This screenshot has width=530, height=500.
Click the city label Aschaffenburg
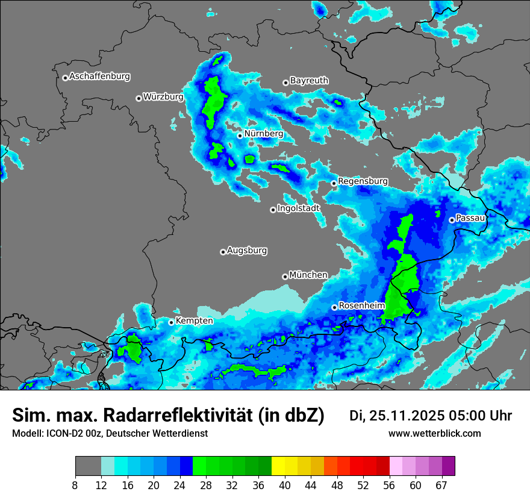(x=99, y=77)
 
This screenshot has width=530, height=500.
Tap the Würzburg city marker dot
(x=139, y=98)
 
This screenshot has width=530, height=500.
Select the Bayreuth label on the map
(x=309, y=80)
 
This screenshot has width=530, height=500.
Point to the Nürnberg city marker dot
(x=240, y=136)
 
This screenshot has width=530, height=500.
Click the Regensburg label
(x=363, y=181)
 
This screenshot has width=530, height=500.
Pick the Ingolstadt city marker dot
(x=273, y=210)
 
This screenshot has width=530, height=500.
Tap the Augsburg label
(x=247, y=250)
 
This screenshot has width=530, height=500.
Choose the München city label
(x=308, y=275)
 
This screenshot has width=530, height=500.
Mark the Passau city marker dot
(x=452, y=220)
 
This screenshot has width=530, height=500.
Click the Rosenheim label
(x=361, y=305)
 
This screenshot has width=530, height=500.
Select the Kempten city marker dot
(x=171, y=322)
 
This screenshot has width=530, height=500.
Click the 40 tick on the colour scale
(x=285, y=485)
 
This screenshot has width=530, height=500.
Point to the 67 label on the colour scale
(x=441, y=485)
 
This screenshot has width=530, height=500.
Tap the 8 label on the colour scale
(x=75, y=485)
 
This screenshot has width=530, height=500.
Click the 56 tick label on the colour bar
(x=390, y=485)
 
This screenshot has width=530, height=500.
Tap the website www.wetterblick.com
(x=434, y=434)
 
